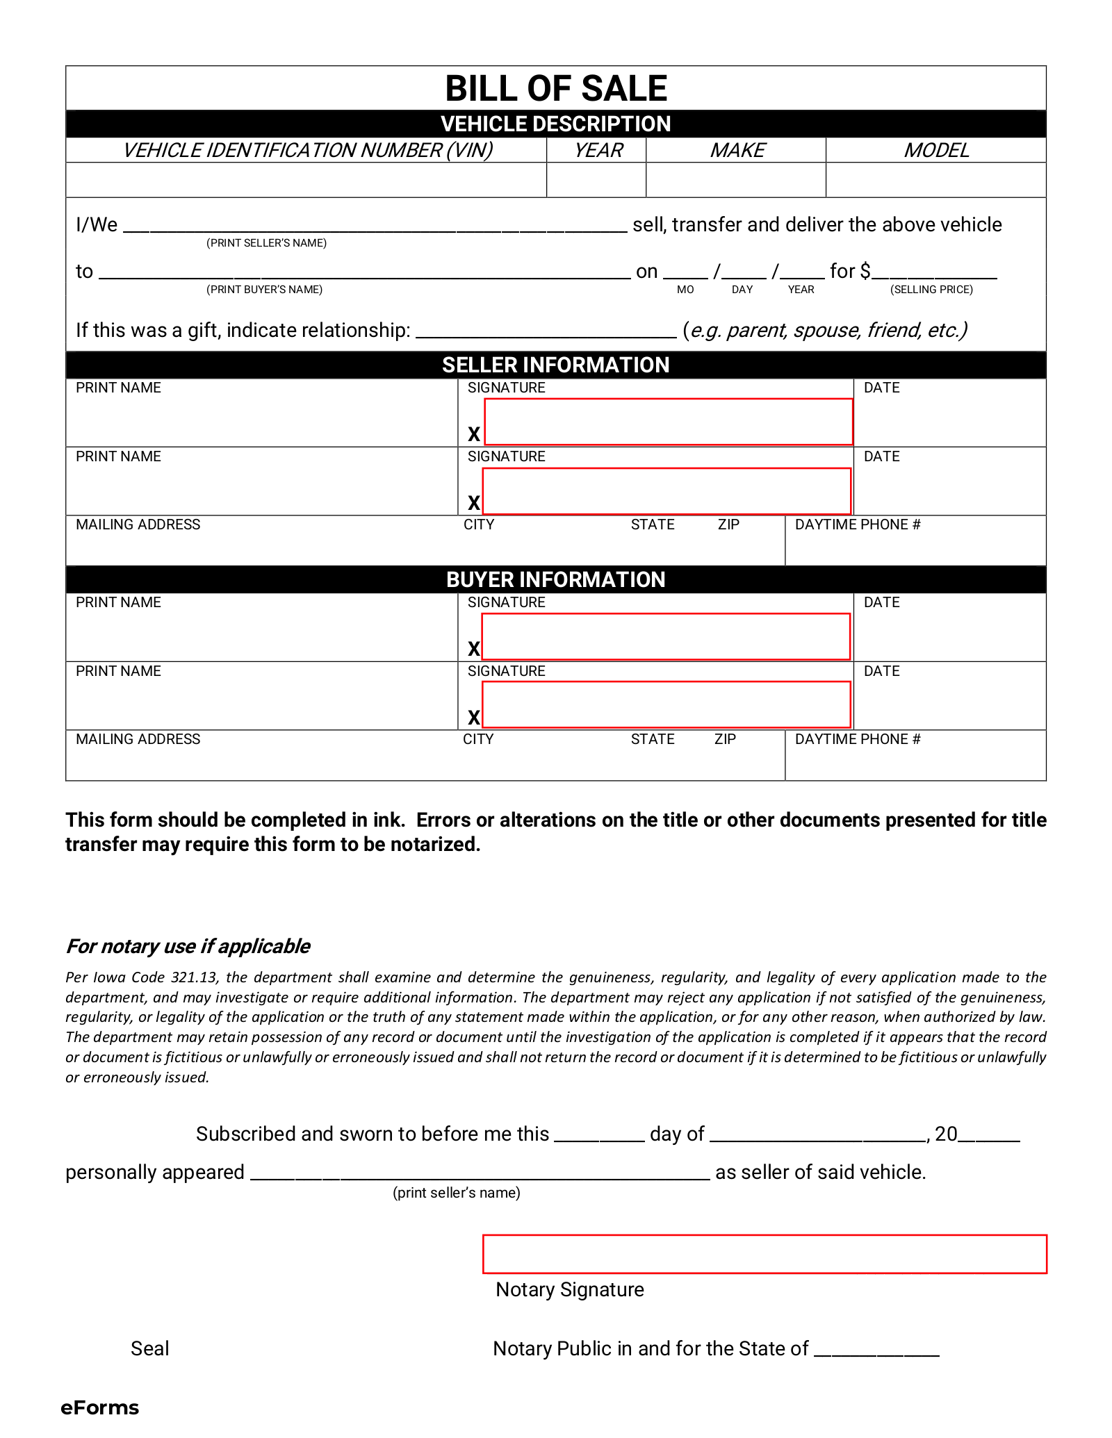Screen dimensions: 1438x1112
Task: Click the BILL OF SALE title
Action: pyautogui.click(x=556, y=89)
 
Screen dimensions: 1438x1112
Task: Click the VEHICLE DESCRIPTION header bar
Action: pyautogui.click(x=556, y=124)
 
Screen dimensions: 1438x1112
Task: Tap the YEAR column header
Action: pyautogui.click(x=598, y=150)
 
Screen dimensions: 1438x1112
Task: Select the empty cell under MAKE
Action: pyautogui.click(x=735, y=180)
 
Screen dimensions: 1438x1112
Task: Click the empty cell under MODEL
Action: pyautogui.click(x=935, y=180)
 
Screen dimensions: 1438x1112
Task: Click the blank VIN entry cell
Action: pyautogui.click(x=306, y=180)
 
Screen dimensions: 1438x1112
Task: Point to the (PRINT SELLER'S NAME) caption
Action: pyautogui.click(x=266, y=243)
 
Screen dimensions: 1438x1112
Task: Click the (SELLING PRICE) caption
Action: pyautogui.click(x=931, y=290)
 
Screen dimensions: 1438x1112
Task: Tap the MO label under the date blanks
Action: pyautogui.click(x=685, y=290)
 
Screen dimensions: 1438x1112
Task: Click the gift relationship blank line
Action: pyautogui.click(x=546, y=330)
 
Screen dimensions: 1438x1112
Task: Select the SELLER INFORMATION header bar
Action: pyautogui.click(x=556, y=365)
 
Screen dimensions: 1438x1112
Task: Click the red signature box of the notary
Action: pyautogui.click(x=764, y=1254)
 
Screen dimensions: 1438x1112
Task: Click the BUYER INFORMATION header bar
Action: pyautogui.click(x=556, y=579)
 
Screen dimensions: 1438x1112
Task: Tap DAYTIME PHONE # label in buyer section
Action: pyautogui.click(x=858, y=739)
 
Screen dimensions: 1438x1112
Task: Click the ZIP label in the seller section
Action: pyautogui.click(x=728, y=524)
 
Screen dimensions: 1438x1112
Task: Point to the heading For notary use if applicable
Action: pyautogui.click(x=188, y=946)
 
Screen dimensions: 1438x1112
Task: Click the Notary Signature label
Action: pyautogui.click(x=570, y=1289)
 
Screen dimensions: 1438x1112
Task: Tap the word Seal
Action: pyautogui.click(x=150, y=1348)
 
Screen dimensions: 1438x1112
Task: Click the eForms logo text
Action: pyautogui.click(x=100, y=1407)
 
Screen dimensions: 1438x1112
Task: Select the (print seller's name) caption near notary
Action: pyautogui.click(x=457, y=1193)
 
